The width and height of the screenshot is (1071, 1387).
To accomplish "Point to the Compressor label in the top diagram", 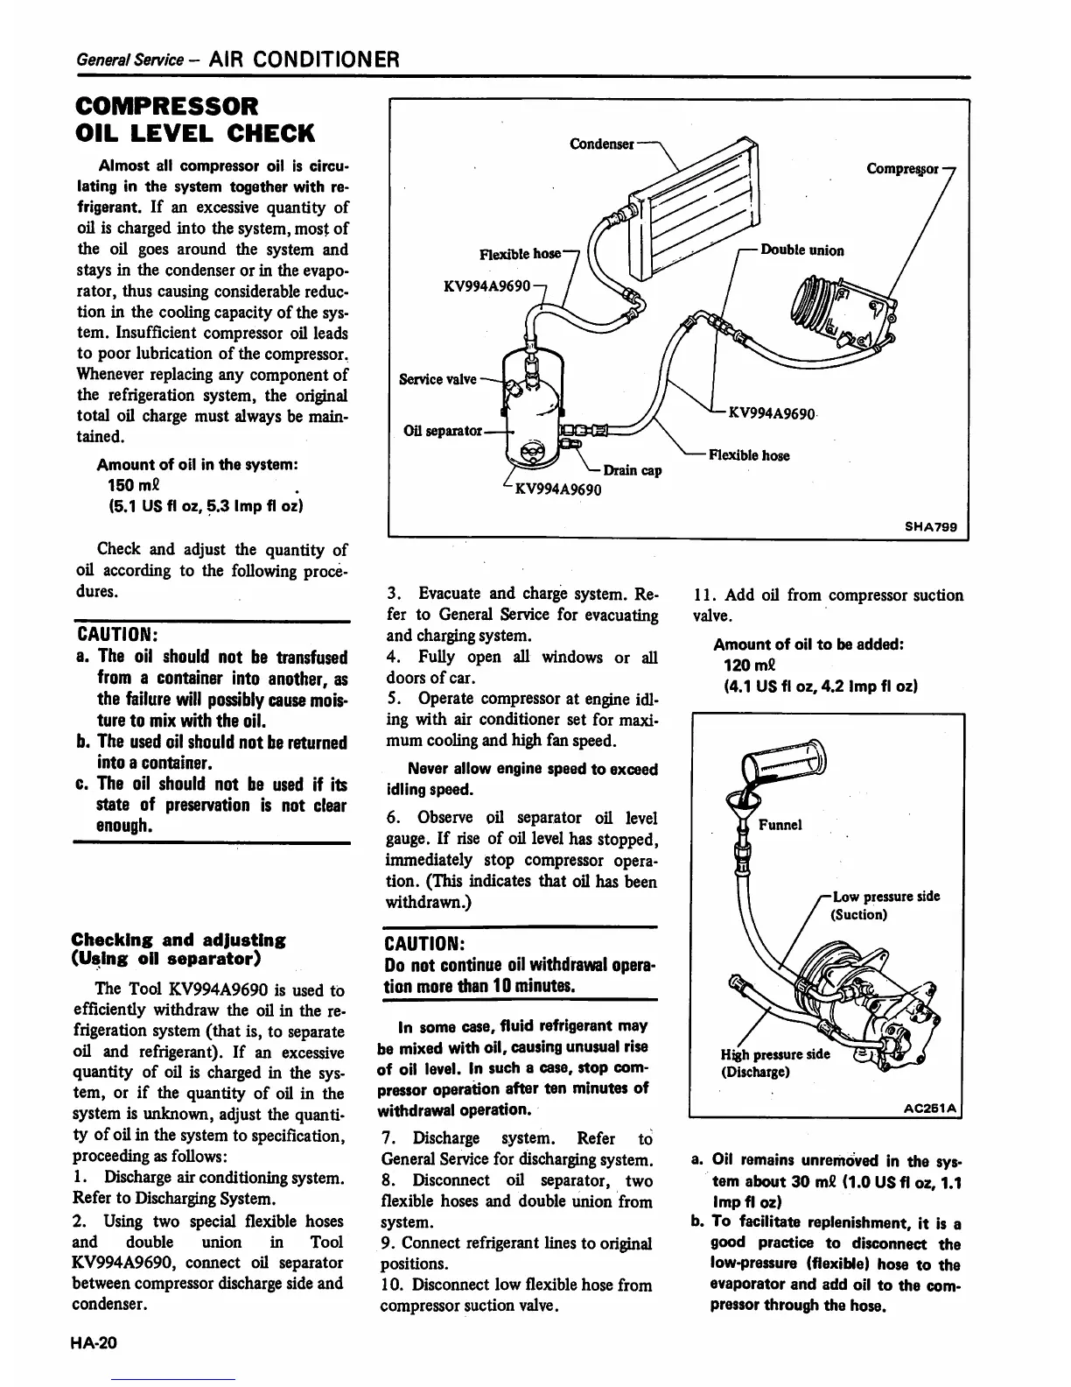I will point(902,168).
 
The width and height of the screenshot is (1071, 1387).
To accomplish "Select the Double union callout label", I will point(802,250).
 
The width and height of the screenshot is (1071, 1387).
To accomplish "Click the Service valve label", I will point(437,379).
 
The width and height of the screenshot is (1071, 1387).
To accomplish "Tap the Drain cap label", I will point(632,470).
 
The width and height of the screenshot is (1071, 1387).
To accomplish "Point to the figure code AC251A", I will point(933,1106).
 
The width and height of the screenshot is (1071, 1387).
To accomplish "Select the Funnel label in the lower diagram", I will point(780,825).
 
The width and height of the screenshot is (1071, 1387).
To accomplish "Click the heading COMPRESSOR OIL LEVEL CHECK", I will point(194,119).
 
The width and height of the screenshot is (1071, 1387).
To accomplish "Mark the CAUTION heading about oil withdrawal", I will point(423,945).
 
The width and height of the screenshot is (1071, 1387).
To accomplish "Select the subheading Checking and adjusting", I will point(178,949).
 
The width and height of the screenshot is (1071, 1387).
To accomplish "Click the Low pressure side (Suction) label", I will point(885,905).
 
